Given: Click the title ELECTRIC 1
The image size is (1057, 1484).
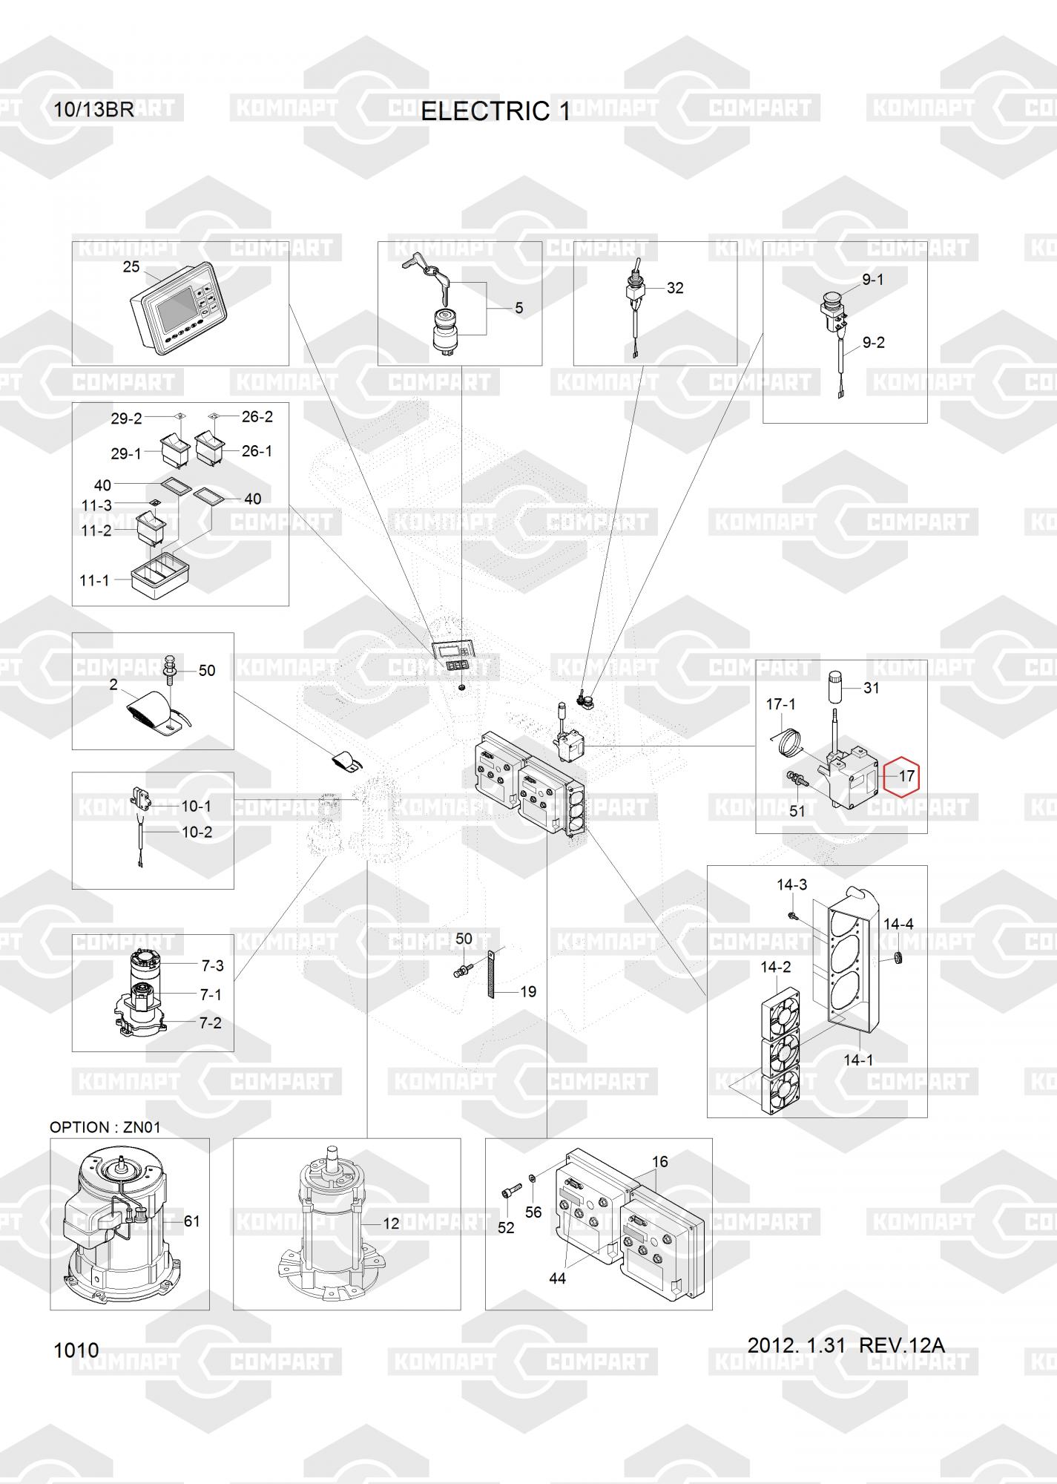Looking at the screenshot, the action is [x=495, y=111].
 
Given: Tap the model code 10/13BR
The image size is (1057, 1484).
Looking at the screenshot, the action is [x=93, y=110].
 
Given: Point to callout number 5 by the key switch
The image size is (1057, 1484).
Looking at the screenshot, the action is [x=519, y=308].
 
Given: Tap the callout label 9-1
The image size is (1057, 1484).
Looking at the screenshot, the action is [x=872, y=280].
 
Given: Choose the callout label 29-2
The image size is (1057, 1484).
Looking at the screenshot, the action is [x=126, y=418].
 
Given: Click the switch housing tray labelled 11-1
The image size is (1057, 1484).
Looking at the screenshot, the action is [x=160, y=571].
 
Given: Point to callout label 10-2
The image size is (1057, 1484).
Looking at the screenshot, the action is [x=197, y=832].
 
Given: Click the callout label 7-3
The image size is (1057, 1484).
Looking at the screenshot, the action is [x=212, y=965].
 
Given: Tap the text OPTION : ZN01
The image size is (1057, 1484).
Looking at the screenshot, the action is [x=105, y=1126].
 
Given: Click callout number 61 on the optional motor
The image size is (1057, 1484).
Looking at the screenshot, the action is [x=191, y=1221].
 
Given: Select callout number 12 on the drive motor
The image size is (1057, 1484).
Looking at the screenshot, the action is [x=391, y=1223].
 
